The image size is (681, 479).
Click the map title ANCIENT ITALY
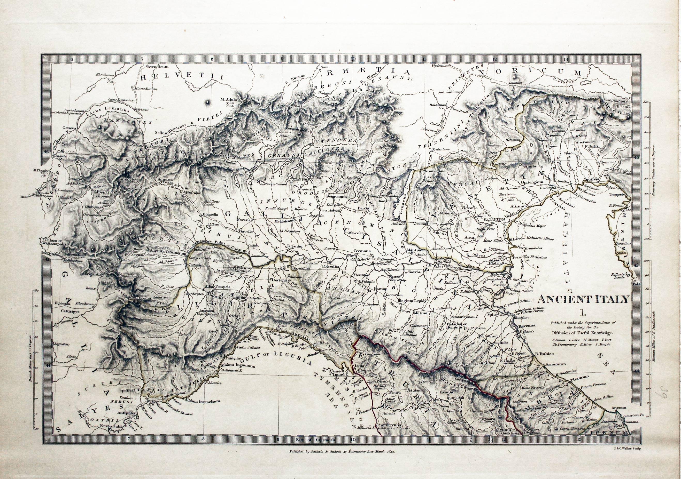click(583, 299)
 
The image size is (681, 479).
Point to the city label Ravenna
click(527, 326)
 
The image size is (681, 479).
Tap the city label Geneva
click(69, 128)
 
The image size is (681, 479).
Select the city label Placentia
click(331, 266)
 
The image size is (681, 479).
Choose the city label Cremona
click(362, 251)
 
